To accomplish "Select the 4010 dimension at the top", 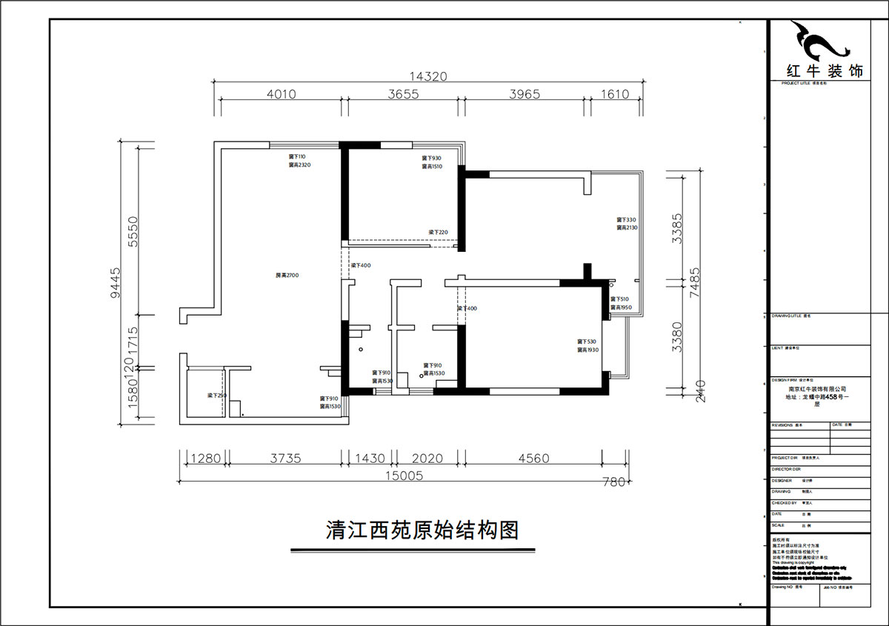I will point(281,94).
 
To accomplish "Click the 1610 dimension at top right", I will point(614,94).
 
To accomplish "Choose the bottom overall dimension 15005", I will point(404,476).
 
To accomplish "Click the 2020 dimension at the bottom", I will point(427,459).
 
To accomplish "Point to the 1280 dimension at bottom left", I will point(204,459).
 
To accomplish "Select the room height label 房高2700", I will point(286,276).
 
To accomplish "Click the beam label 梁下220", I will point(439,233).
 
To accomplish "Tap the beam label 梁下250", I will point(216,396).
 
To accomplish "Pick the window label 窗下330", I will point(627,220).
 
